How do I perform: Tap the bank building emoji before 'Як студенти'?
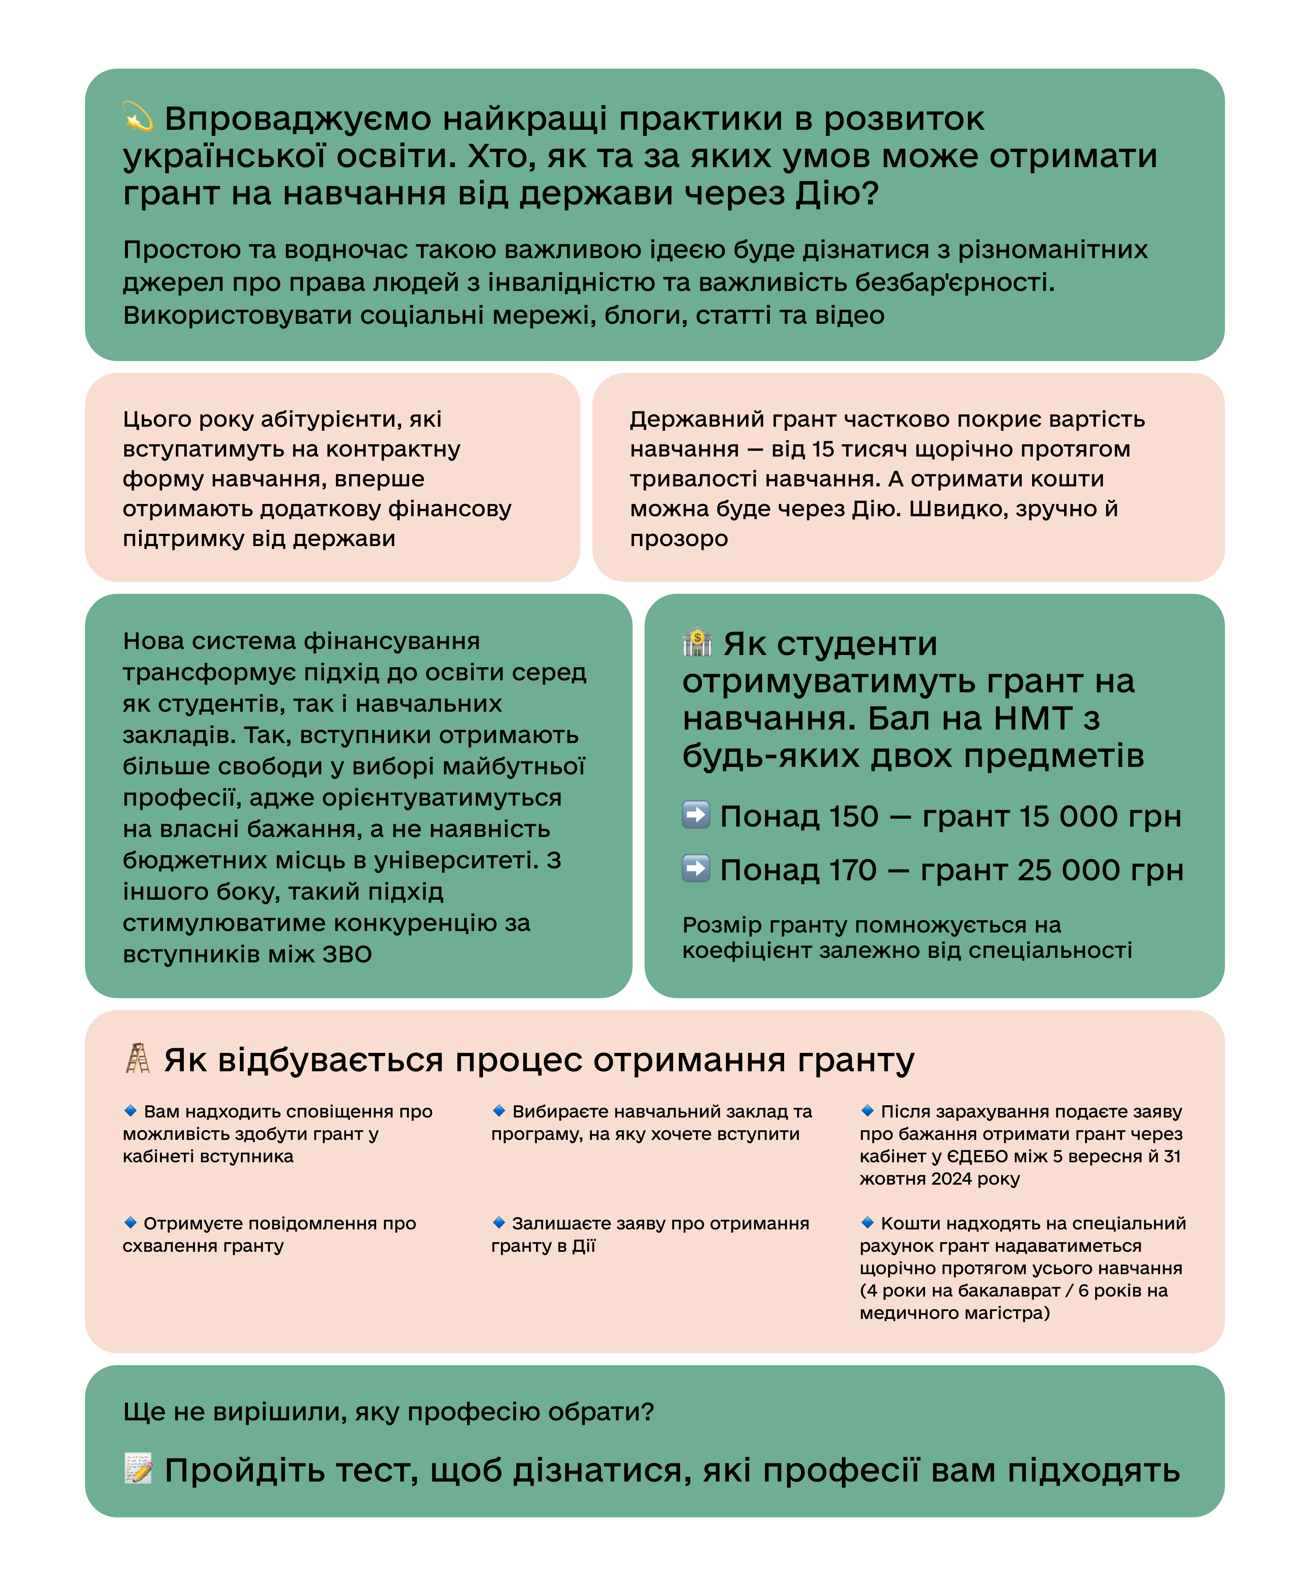click(x=697, y=643)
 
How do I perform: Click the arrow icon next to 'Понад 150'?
click(x=696, y=815)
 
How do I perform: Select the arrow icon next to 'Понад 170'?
click(x=696, y=868)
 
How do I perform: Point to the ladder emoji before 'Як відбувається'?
click(x=137, y=1059)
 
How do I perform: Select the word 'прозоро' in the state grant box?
click(x=678, y=539)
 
